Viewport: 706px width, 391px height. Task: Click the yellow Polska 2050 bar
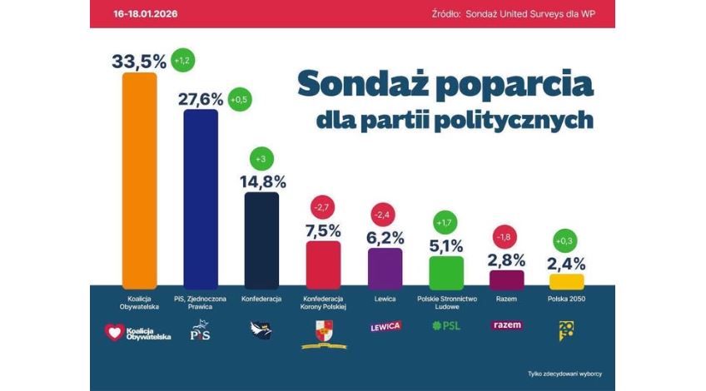(x=567, y=281)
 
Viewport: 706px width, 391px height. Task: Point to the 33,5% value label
(x=139, y=60)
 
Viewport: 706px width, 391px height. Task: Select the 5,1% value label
(x=445, y=246)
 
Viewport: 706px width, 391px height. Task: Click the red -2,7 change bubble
(x=322, y=205)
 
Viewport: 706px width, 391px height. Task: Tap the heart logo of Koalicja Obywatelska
(x=113, y=332)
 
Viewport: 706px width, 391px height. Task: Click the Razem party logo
(x=506, y=324)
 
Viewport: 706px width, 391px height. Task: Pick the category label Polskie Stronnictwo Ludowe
(x=445, y=302)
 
